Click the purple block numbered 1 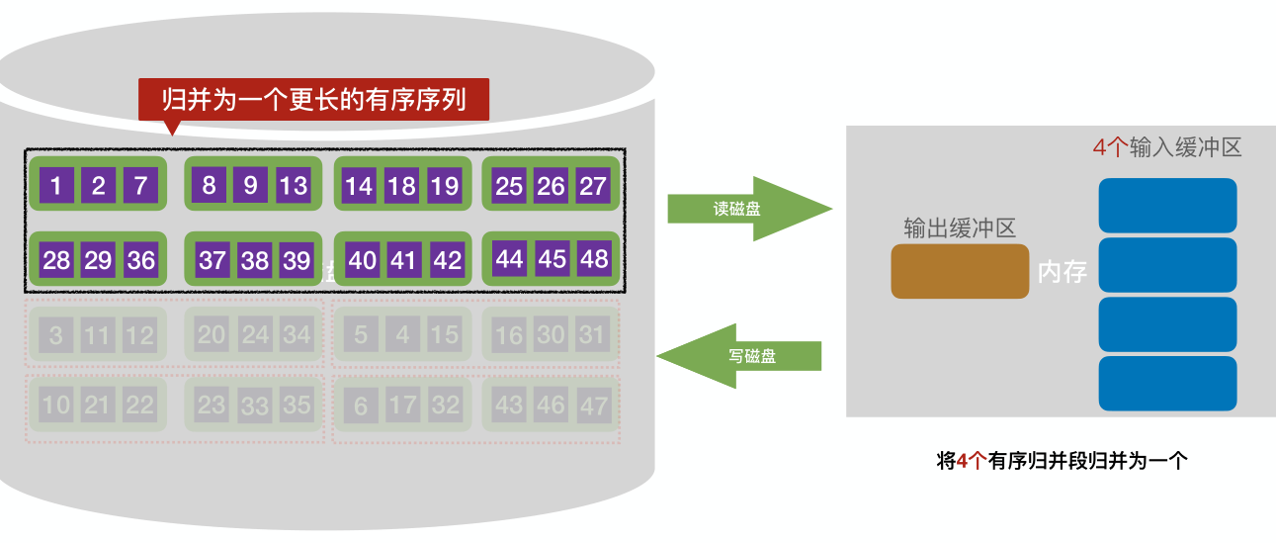56,185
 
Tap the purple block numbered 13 294,185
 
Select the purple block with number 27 592,185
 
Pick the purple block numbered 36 141,260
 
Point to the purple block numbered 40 363,260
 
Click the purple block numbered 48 594,260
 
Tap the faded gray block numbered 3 55,335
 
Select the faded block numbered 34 297,334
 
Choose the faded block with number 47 593,405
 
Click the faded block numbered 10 55,405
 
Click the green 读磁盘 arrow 746,210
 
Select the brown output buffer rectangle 959,271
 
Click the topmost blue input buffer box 1167,205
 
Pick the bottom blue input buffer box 1167,383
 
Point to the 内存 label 1063,273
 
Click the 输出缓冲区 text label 959,227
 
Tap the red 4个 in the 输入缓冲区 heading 1110,148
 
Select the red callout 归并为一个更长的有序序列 313,100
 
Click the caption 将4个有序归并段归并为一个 1061,461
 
